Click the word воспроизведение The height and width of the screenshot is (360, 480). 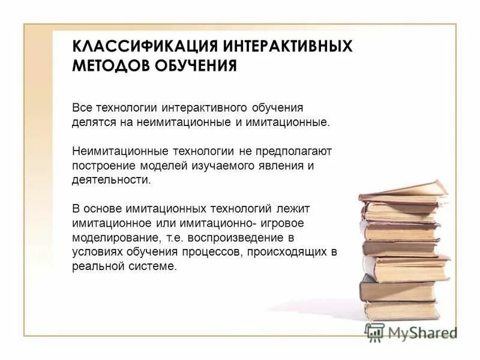pyautogui.click(x=261, y=237)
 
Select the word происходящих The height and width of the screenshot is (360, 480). pyautogui.click(x=283, y=251)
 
